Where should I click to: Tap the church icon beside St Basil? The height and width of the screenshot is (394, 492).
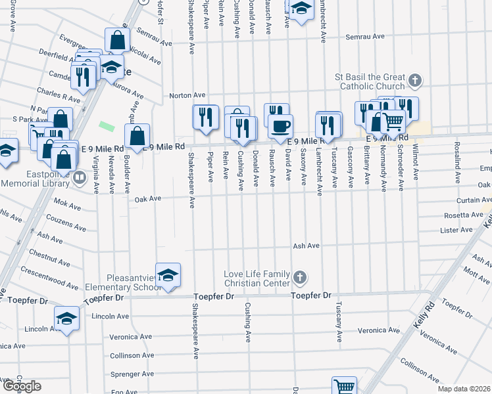click(x=414, y=81)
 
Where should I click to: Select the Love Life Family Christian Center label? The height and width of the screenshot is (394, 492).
click(x=256, y=278)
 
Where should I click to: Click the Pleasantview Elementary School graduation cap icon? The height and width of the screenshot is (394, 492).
click(x=168, y=274)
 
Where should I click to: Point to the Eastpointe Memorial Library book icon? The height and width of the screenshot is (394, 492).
click(x=79, y=177)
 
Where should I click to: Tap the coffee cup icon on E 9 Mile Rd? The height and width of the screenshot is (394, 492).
click(x=280, y=125)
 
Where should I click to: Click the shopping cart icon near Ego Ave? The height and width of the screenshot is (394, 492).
click(x=344, y=387)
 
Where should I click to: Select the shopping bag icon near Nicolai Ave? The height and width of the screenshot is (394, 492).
click(x=117, y=40)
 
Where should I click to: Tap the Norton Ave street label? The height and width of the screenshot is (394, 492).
click(x=184, y=95)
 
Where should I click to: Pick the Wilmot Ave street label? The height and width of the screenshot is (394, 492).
click(x=416, y=164)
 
